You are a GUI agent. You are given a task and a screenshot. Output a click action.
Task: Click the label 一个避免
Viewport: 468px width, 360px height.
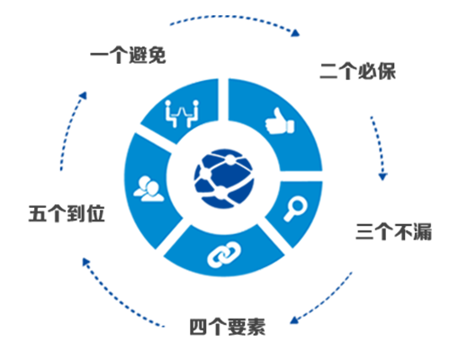pyautogui.click(x=128, y=55)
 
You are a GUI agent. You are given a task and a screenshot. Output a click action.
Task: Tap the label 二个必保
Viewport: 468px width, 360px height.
pyautogui.click(x=358, y=71)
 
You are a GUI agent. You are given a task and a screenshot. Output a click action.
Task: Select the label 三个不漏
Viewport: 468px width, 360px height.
pyautogui.click(x=394, y=231)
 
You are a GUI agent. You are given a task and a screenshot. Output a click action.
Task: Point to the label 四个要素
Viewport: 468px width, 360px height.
pyautogui.click(x=228, y=327)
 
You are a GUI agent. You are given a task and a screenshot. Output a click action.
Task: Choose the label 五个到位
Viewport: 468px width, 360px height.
pyautogui.click(x=67, y=213)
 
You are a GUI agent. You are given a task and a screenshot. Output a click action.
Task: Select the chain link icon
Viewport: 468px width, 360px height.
pyautogui.click(x=224, y=255)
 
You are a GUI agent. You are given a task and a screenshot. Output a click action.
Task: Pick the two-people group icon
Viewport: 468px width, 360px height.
pyautogui.click(x=148, y=189)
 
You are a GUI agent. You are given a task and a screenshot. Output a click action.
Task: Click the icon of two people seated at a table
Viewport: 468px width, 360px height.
pyautogui.click(x=182, y=113)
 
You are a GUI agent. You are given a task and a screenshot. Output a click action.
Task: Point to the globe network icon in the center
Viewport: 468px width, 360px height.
pyautogui.click(x=224, y=178)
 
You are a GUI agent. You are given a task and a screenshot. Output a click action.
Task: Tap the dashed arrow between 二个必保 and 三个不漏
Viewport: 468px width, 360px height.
pyautogui.click(x=379, y=147)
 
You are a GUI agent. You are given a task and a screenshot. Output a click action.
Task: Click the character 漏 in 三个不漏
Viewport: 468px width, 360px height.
pyautogui.click(x=423, y=231)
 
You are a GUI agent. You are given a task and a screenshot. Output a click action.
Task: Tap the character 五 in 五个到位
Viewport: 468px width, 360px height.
pyautogui.click(x=38, y=213)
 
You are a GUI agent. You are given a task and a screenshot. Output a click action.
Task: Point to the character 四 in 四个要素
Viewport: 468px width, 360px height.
pyautogui.click(x=199, y=327)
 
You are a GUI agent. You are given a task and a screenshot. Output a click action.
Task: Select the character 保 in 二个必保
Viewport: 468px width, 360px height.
pyautogui.click(x=387, y=71)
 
